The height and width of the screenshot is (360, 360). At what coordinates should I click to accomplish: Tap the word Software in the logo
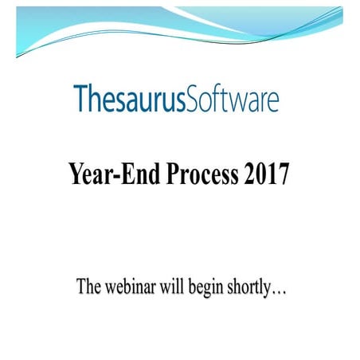(x=233, y=100)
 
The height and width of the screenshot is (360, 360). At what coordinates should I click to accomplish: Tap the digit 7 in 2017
(x=283, y=174)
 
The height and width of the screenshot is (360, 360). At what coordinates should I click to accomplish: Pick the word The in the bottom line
(x=88, y=287)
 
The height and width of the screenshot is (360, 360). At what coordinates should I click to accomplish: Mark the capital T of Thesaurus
(x=80, y=99)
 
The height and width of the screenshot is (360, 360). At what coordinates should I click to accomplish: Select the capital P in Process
(x=173, y=174)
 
